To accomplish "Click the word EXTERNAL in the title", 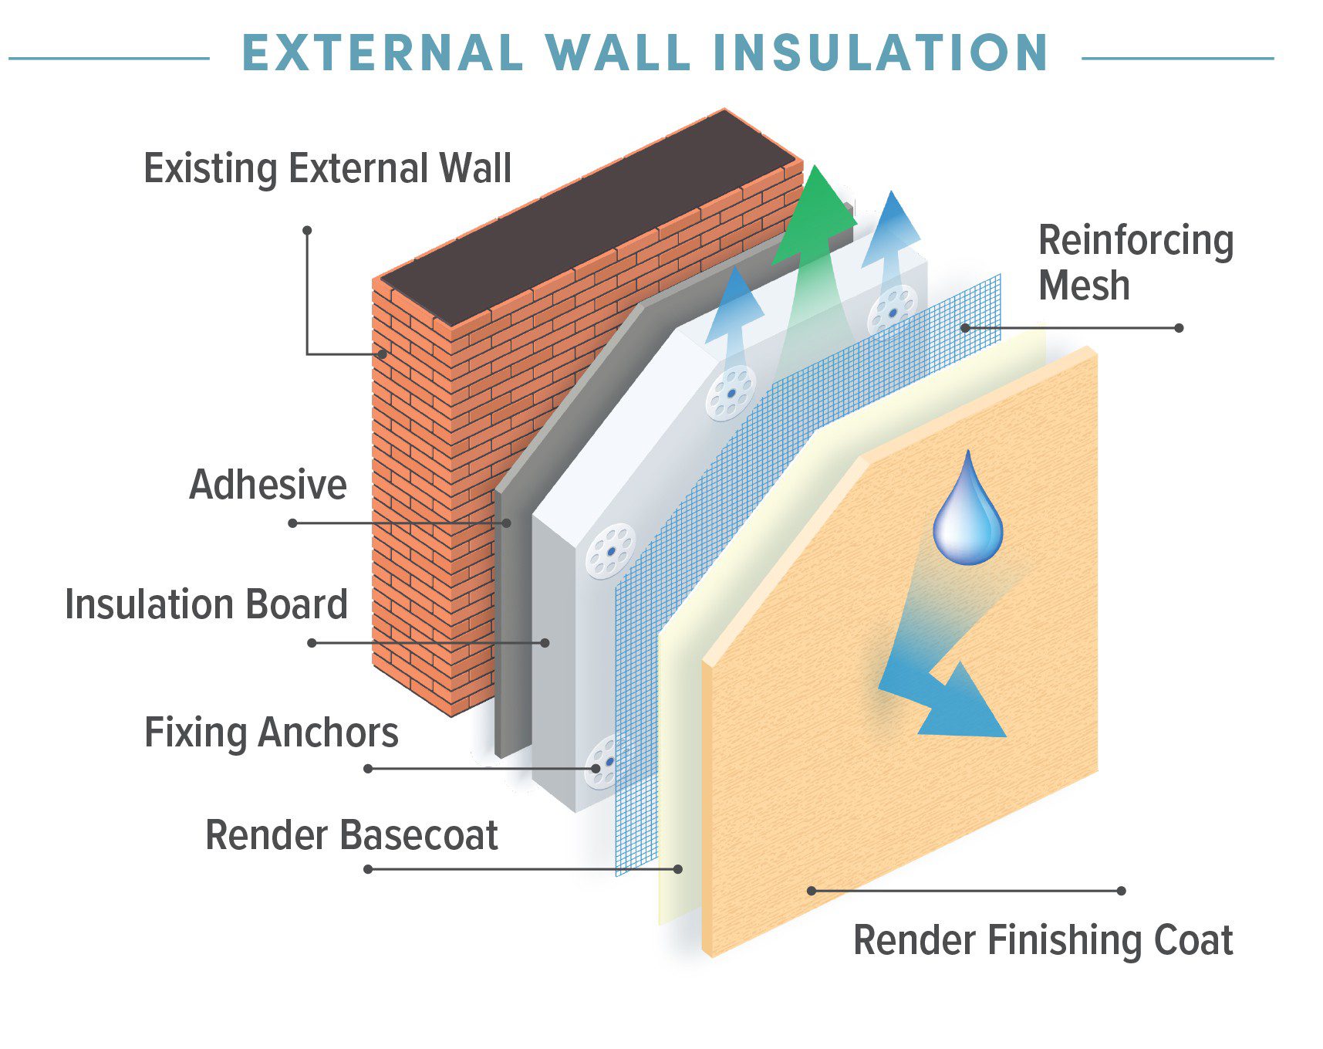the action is coord(383,53).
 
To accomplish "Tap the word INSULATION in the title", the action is coord(881,53).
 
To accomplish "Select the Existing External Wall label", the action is coord(328,169).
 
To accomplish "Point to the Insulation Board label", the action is coord(207,604).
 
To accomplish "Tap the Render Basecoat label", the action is coord(352,835).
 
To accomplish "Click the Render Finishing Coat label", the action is coord(1043,941).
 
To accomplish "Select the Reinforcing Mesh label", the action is coord(1136,262).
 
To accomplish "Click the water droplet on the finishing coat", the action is coord(968,509).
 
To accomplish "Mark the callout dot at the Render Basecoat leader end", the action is coord(678,869).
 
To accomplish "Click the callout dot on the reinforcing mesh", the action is coord(965,328).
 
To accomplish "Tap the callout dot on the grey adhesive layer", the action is coord(507,523).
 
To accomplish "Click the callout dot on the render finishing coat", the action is coord(812,891).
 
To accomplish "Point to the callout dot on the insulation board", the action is coord(545,642).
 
